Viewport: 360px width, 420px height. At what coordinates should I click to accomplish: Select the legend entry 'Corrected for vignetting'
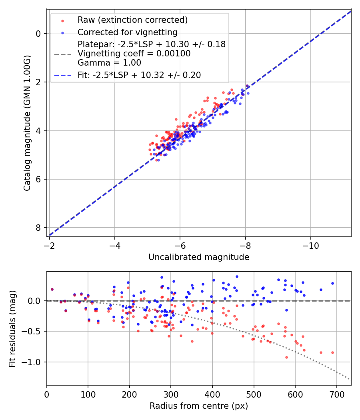point(127,32)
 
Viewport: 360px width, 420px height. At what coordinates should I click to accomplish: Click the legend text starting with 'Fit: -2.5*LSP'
point(139,75)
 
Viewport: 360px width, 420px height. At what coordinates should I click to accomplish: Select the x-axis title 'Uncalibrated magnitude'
point(199,257)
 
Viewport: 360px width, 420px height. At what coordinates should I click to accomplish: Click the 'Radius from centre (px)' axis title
point(199,406)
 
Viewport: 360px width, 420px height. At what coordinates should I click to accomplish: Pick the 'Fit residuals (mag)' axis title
point(12,328)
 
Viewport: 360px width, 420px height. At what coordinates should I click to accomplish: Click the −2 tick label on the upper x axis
point(50,244)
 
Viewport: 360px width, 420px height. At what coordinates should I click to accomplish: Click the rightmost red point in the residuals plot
point(332,352)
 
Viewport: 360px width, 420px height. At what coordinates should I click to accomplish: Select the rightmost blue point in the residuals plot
point(332,283)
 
